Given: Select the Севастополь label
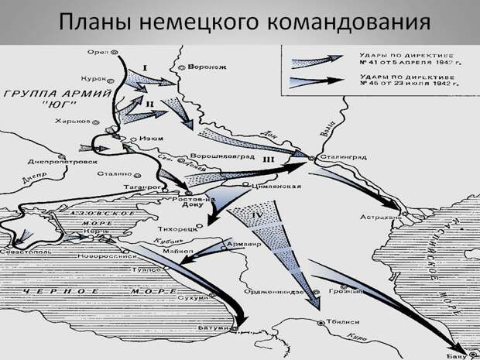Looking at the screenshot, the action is pyautogui.click(x=29, y=253).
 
